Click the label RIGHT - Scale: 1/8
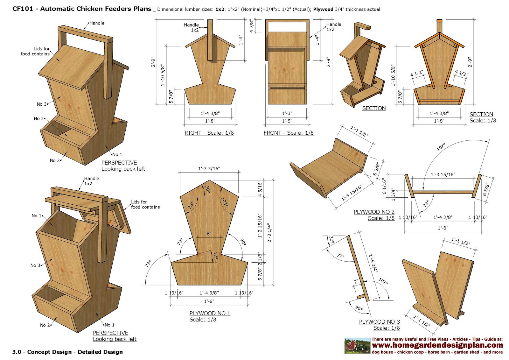pyautogui.click(x=209, y=133)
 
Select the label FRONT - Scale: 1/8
pyautogui.click(x=288, y=133)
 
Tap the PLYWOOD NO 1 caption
pyautogui.click(x=210, y=313)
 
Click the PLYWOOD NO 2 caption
pyautogui.click(x=374, y=212)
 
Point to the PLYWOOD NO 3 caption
pyautogui.click(x=379, y=322)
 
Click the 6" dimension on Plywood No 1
pyautogui.click(x=209, y=234)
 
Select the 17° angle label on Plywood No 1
pyautogui.click(x=215, y=256)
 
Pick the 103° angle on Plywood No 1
pyautogui.click(x=224, y=201)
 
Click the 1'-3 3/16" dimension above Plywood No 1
pyautogui.click(x=209, y=168)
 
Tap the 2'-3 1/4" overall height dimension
pyautogui.click(x=269, y=233)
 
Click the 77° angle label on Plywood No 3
pyautogui.click(x=340, y=256)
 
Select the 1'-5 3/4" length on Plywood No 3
pyautogui.click(x=373, y=263)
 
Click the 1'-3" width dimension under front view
pyautogui.click(x=287, y=113)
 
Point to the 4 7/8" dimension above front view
pyautogui.click(x=252, y=26)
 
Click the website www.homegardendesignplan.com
pyautogui.click(x=437, y=345)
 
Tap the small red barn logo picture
pyautogui.click(x=357, y=346)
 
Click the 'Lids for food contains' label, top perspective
pyautogui.click(x=35, y=51)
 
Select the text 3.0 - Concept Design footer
pyautogui.click(x=67, y=352)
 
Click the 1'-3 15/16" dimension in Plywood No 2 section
pyautogui.click(x=443, y=174)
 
